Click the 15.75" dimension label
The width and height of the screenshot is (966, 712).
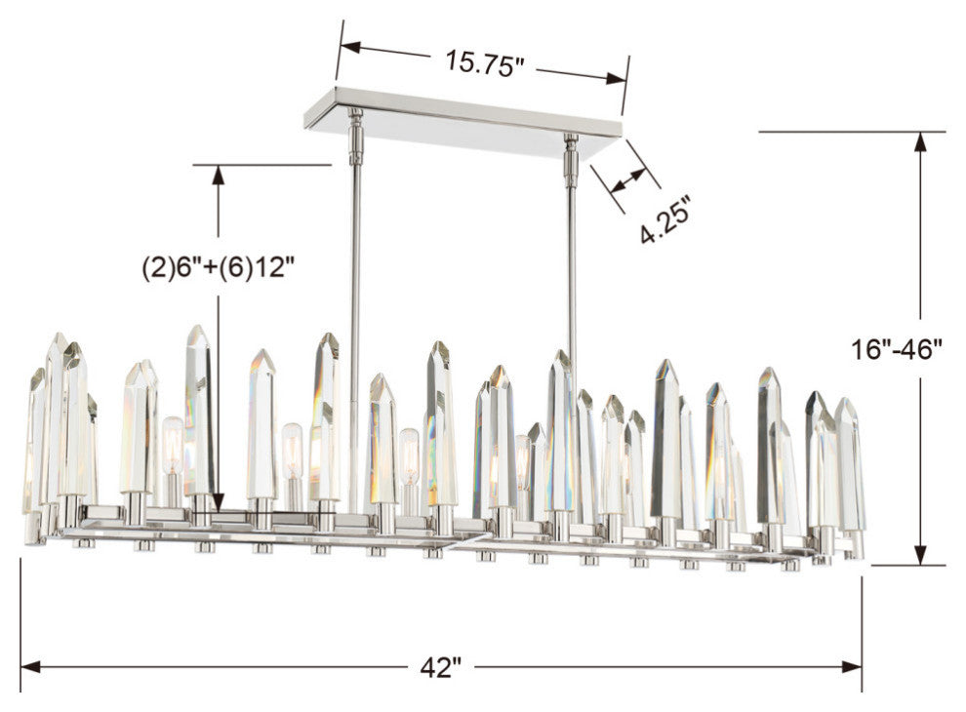(x=485, y=62)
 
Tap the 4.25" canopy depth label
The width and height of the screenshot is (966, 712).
(x=666, y=221)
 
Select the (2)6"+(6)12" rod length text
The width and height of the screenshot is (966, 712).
(x=218, y=266)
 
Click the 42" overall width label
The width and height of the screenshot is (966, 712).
(x=442, y=668)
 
